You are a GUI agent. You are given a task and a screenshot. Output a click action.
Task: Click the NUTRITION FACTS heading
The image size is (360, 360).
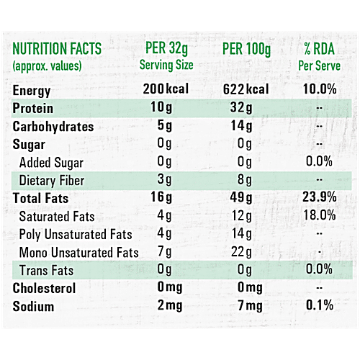pos(58,50)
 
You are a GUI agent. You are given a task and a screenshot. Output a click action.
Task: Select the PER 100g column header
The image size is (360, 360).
pos(246,50)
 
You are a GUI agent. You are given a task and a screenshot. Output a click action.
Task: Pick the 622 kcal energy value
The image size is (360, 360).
pos(246,90)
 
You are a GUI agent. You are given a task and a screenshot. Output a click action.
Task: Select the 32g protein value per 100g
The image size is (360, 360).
pos(243,108)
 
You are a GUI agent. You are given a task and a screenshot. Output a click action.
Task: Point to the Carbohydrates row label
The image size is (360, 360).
pos(53,127)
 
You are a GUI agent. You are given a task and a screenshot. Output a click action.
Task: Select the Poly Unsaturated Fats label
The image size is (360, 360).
pos(76,234)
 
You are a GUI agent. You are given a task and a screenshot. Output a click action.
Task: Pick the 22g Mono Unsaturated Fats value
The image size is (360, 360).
pos(243,252)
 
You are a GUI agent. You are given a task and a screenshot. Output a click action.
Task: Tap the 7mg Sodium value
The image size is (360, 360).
pos(243,307)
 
